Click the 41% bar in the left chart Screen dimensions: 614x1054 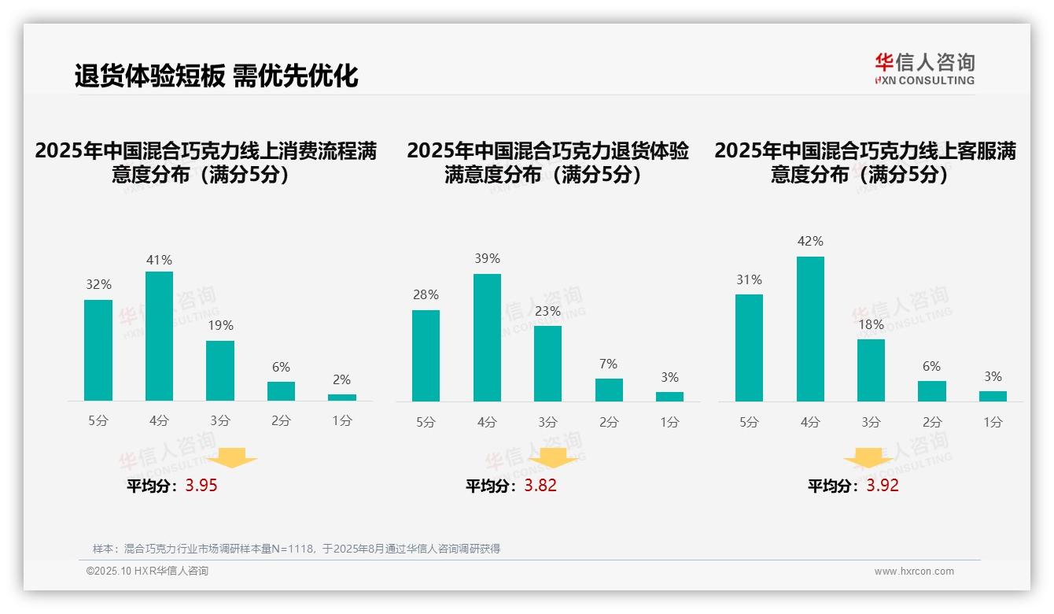[160, 336]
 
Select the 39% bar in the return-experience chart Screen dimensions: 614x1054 [487, 338]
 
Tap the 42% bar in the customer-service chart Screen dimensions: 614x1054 [810, 329]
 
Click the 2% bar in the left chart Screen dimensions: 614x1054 [342, 398]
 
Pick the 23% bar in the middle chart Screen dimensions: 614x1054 [547, 364]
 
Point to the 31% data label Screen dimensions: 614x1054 [749, 279]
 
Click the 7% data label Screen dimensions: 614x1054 [608, 364]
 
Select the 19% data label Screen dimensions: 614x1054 [220, 325]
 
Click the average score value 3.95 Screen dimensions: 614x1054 [201, 486]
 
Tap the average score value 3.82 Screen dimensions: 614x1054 [540, 486]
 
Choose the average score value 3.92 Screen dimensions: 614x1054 [883, 486]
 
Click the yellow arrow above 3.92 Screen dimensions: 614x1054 [868, 458]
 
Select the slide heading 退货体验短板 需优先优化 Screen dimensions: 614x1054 [216, 76]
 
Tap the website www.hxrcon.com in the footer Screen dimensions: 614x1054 [914, 571]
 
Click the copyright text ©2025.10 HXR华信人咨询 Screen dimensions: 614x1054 [147, 571]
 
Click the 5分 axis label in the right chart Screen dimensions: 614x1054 [749, 423]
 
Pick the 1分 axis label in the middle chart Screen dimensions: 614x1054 [669, 423]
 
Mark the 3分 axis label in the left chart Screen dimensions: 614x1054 [220, 421]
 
